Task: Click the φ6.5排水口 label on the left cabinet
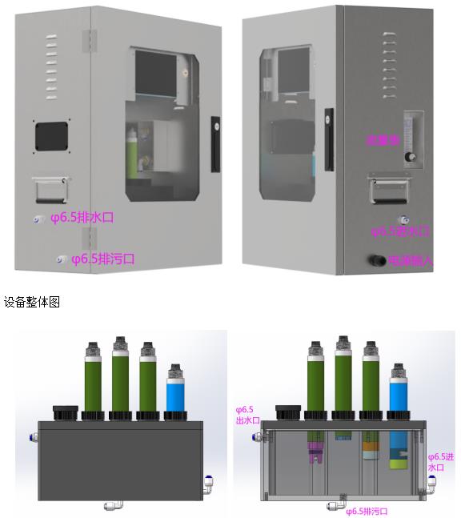point(83,217)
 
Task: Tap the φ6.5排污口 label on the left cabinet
point(102,259)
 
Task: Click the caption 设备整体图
point(31,303)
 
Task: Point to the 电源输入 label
point(410,260)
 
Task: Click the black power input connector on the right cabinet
point(374,259)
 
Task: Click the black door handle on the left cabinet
point(214,144)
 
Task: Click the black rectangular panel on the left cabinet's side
point(50,135)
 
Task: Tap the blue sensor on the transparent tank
point(398,388)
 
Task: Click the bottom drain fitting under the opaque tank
point(110,505)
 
